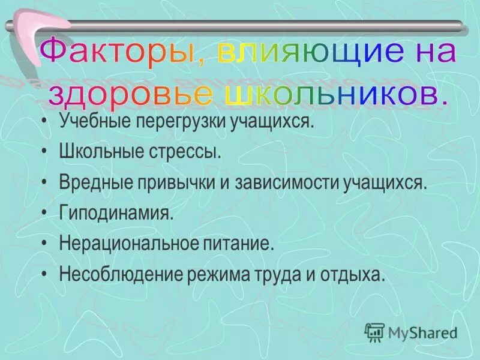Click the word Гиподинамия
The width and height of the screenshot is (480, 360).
tap(116, 213)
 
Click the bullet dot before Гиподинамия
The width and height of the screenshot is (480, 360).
tap(46, 213)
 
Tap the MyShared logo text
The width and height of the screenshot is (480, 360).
tap(422, 332)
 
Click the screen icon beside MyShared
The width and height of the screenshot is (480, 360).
tap(374, 331)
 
